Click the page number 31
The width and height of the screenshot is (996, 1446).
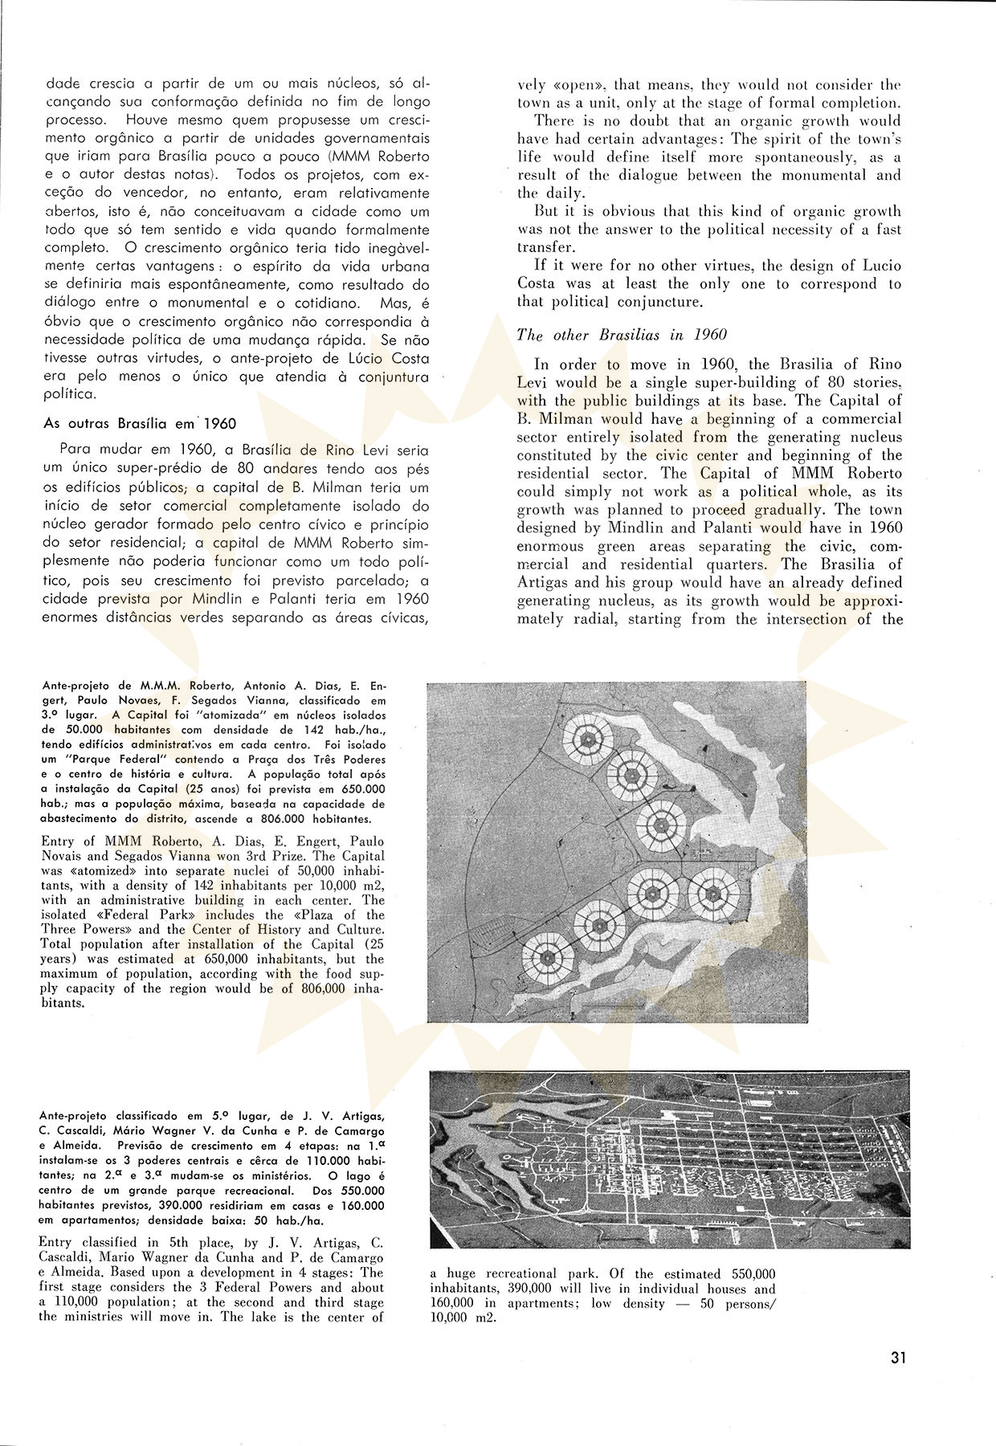(x=898, y=1358)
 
